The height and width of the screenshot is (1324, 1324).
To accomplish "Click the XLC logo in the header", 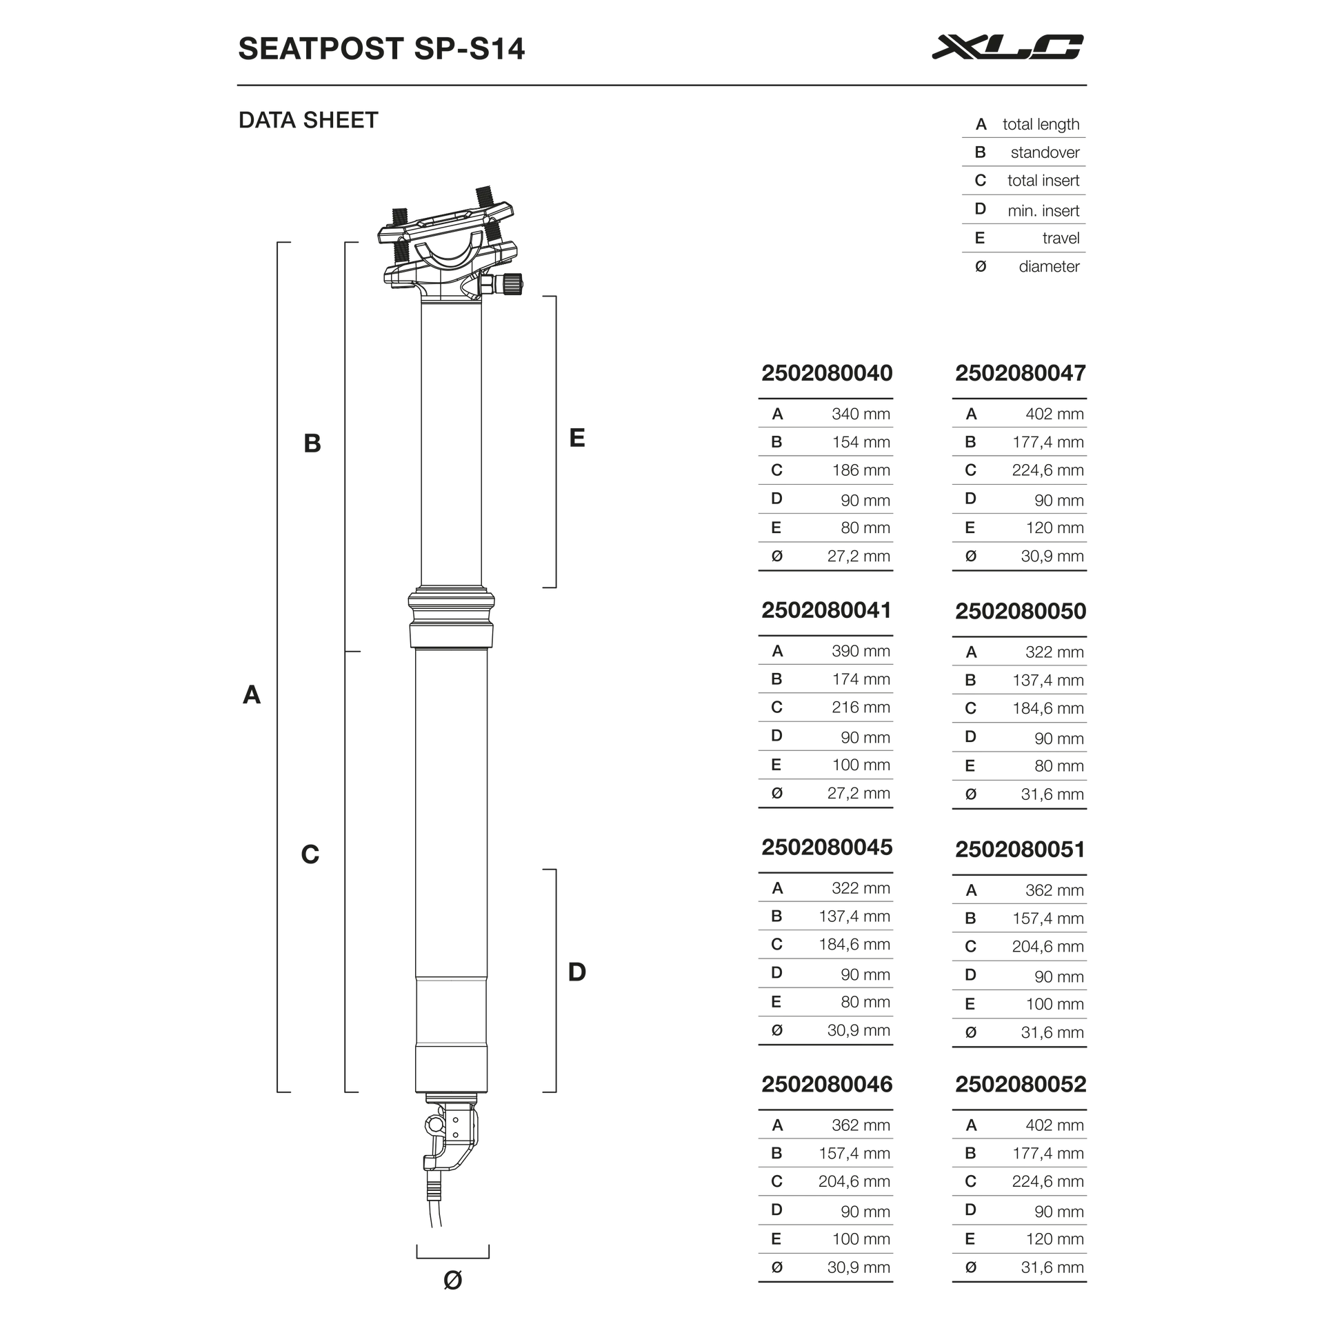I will tap(1006, 48).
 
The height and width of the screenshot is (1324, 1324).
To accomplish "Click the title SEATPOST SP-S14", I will tap(381, 49).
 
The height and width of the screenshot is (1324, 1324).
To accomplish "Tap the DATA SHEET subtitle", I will tap(308, 121).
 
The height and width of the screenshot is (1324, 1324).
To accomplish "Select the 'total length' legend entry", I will tap(1041, 124).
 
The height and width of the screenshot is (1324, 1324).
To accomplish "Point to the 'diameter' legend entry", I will tap(1048, 266).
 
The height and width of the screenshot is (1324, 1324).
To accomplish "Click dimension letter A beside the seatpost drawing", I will tap(252, 695).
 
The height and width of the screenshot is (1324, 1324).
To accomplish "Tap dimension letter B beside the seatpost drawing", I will tap(312, 443).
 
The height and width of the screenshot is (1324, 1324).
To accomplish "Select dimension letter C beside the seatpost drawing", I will tap(310, 855).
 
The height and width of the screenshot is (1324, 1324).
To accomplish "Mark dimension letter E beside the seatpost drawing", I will tap(577, 438).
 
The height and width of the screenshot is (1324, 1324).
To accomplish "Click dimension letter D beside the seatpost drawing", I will tap(576, 972).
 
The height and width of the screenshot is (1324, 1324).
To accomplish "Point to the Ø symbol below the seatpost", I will tap(452, 1281).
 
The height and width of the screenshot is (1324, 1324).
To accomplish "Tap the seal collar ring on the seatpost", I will tap(452, 600).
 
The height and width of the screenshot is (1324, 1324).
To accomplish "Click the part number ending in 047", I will tap(1021, 373).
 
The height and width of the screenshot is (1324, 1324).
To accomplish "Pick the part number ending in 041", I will tap(826, 610).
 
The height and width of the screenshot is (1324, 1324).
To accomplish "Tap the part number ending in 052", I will tap(1021, 1085).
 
